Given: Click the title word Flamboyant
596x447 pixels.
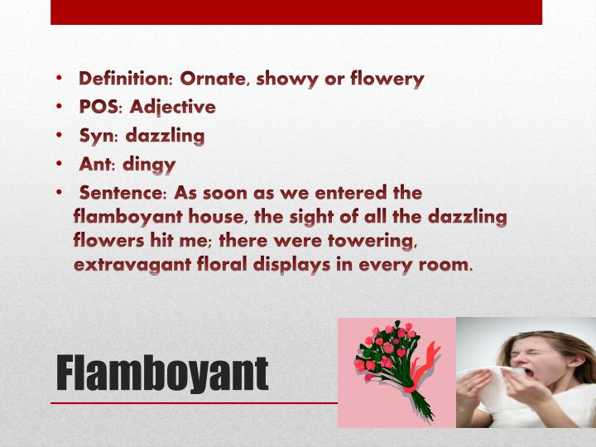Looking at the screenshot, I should [x=162, y=374].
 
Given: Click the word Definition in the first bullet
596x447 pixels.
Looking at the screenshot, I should [x=123, y=79].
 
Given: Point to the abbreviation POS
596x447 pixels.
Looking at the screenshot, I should [x=99, y=107].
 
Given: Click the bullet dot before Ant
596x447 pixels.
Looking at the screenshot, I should [x=61, y=164].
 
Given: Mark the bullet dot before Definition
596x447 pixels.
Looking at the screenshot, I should [x=61, y=79].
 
